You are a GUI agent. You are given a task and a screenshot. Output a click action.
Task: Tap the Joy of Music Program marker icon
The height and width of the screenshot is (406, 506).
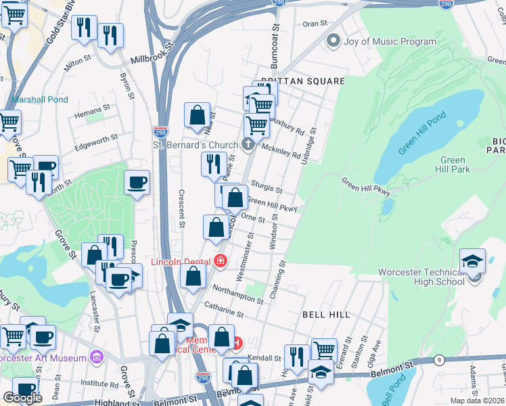click(x=333, y=42)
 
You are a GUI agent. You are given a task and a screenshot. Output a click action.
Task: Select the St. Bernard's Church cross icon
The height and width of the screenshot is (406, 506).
click(x=248, y=144)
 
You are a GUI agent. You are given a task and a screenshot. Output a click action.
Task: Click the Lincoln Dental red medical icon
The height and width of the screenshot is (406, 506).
click(x=220, y=261)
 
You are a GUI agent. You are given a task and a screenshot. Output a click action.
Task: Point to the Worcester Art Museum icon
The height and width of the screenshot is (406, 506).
click(x=95, y=357)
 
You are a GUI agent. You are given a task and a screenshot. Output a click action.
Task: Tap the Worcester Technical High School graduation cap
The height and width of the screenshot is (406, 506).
click(x=472, y=261)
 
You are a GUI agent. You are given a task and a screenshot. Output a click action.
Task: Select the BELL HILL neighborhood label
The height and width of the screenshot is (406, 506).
click(x=325, y=315)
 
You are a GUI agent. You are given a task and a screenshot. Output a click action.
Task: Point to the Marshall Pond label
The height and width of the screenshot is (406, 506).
click(x=40, y=99)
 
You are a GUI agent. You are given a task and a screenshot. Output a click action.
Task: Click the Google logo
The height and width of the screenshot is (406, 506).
click(x=22, y=398)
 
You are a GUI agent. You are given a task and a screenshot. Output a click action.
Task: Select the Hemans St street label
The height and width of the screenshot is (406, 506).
click(x=91, y=110)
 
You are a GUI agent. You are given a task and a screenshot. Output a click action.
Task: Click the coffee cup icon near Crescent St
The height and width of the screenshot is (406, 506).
click(x=137, y=183)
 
